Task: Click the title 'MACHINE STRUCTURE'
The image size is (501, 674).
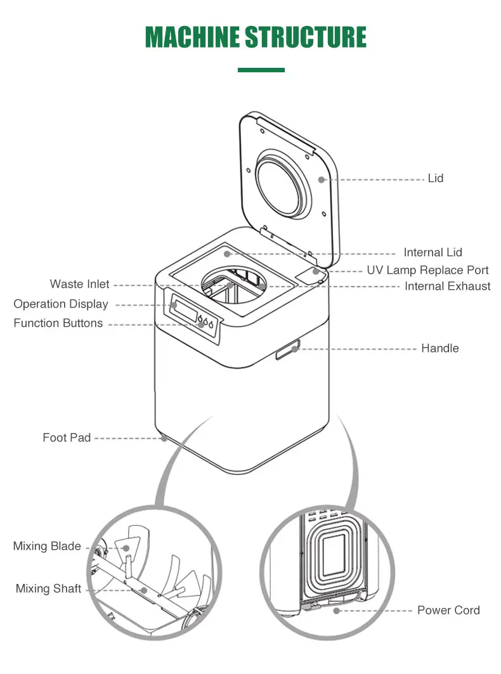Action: point(256,38)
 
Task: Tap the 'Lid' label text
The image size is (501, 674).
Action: point(435,178)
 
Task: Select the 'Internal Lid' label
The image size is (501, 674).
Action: point(433,253)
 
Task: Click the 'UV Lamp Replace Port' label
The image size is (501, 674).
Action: point(427,270)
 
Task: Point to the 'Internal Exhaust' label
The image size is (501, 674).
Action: point(447,287)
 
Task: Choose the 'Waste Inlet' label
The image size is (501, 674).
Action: point(80,284)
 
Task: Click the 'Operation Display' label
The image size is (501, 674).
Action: point(61,304)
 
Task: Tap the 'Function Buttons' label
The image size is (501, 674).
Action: point(58,323)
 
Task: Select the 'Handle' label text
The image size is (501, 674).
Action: point(439,348)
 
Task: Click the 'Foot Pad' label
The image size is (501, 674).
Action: point(67,437)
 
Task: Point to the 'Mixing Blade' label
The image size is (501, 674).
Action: point(47,546)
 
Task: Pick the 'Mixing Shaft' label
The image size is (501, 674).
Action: point(48,589)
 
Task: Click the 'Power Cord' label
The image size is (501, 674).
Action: point(448,610)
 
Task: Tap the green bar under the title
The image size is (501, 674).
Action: point(261,70)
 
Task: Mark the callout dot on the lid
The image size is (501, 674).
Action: point(322,179)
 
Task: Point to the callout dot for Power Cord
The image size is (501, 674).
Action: point(337,611)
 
